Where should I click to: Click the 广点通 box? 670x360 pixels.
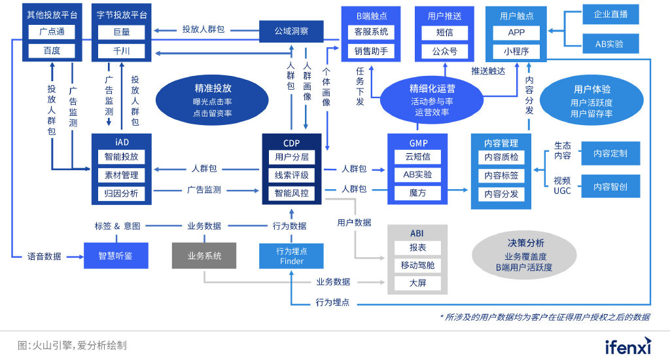coord(52,32)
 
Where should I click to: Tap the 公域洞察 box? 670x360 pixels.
coord(292,31)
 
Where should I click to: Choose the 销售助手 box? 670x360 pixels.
coord(371,51)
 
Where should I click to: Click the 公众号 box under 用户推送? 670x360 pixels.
coord(445,51)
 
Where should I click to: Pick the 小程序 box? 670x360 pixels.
coord(516,51)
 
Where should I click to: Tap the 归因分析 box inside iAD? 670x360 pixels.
coord(122,193)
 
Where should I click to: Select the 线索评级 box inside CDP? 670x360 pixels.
coord(291,175)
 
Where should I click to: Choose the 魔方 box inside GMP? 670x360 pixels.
coord(417,193)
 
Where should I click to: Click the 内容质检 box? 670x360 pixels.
coord(501,157)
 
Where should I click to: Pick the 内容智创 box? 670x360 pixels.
coord(610,187)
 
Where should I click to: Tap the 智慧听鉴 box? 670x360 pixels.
coord(115,256)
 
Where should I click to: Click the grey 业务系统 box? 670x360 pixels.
coord(204,256)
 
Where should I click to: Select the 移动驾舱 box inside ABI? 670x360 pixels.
coord(417,266)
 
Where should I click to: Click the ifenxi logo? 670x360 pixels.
coord(627,346)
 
